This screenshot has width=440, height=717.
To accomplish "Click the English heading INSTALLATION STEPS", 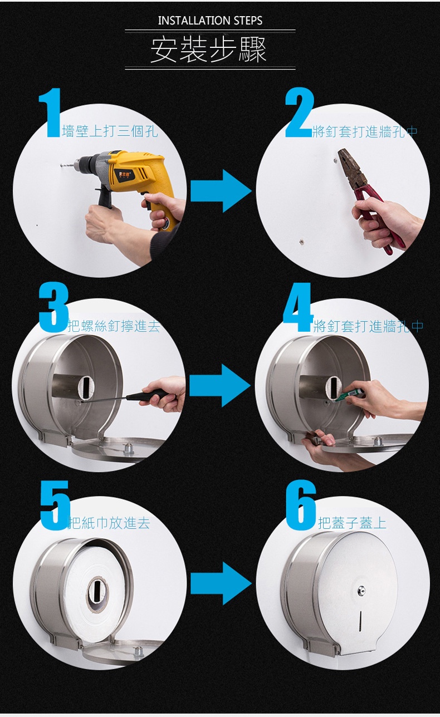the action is click(x=210, y=21).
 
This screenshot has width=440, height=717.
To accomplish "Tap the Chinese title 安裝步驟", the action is click(x=209, y=50).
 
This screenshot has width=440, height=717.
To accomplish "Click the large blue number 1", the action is click(x=50, y=112).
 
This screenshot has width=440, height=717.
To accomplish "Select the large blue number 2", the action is click(x=299, y=112).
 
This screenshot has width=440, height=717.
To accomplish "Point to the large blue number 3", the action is click(x=53, y=307).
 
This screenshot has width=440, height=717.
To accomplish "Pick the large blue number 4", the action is click(x=298, y=307).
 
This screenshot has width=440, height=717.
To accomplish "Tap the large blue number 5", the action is click(x=55, y=505).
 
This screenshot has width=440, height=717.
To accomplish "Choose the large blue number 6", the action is click(x=301, y=505).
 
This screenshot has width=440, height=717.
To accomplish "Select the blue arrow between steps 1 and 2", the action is click(x=221, y=191).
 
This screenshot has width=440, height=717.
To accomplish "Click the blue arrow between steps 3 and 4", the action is click(x=221, y=386).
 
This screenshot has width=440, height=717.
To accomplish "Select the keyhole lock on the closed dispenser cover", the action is click(x=361, y=589).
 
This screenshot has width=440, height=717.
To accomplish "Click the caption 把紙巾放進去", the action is click(x=109, y=523).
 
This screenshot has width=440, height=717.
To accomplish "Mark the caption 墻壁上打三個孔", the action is click(x=110, y=131).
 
